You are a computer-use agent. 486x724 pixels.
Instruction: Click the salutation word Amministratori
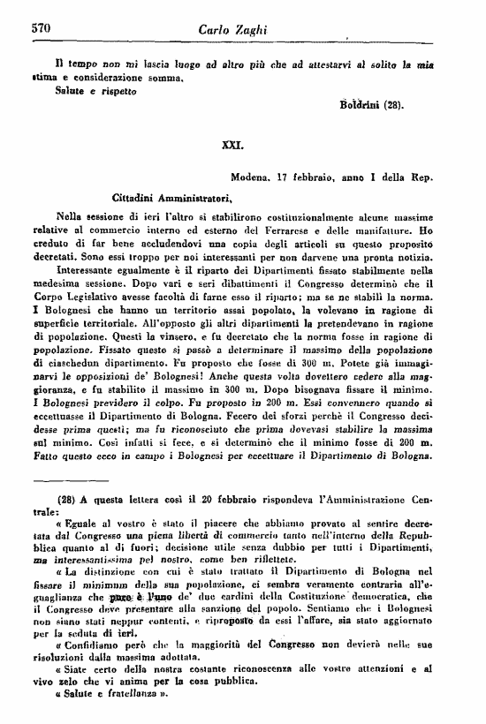(x=191, y=197)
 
